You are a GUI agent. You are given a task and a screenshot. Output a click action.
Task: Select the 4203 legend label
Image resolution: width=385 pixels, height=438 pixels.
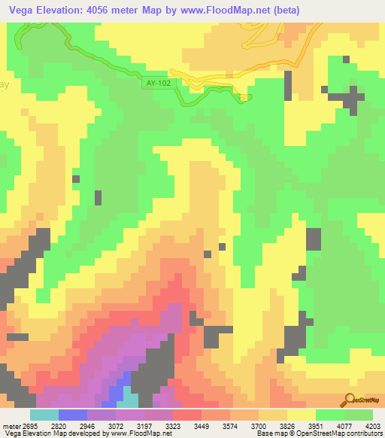[372, 425]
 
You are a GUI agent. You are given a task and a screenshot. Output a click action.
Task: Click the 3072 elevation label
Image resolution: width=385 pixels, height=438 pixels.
[116, 425]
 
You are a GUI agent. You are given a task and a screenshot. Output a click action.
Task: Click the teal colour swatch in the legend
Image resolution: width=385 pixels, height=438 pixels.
[44, 415]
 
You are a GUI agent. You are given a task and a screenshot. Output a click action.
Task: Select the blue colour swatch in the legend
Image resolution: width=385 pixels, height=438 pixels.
[72, 415]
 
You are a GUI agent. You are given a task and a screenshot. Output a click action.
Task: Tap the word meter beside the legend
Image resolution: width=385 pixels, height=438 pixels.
[13, 425]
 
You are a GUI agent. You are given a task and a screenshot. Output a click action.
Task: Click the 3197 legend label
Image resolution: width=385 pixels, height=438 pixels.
[144, 425]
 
